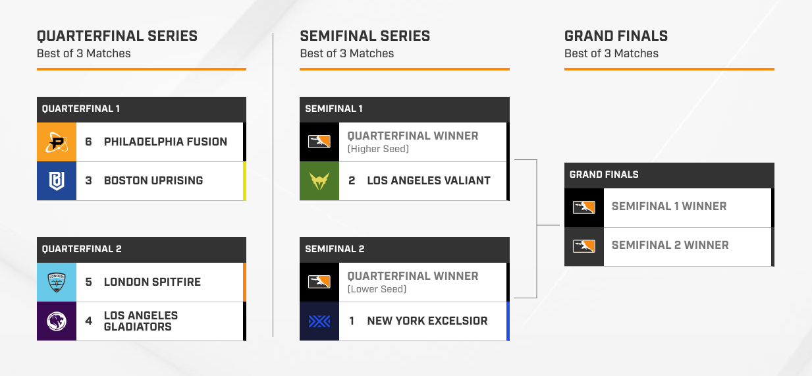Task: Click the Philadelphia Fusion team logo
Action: pos(57,142)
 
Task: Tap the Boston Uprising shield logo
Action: pos(57,180)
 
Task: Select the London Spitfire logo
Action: pos(57,282)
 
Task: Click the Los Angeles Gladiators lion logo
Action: pos(57,321)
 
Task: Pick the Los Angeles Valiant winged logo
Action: pos(319,180)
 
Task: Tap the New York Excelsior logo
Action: pos(319,321)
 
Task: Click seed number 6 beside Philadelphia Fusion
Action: pos(88,142)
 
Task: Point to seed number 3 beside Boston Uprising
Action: pos(88,180)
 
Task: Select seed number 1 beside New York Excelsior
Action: pos(351,321)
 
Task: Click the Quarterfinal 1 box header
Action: pos(142,109)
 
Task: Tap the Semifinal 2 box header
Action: pos(404,250)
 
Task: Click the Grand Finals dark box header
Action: pos(669,175)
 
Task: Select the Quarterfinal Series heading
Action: pos(117,36)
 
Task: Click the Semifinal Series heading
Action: pos(365,36)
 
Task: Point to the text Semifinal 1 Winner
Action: pos(669,206)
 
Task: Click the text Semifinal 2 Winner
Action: pos(670,245)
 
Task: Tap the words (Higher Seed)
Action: pos(378,149)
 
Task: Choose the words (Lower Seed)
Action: pos(377,289)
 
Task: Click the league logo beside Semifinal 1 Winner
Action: pos(584,207)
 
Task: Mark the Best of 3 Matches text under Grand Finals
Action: pos(611,53)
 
